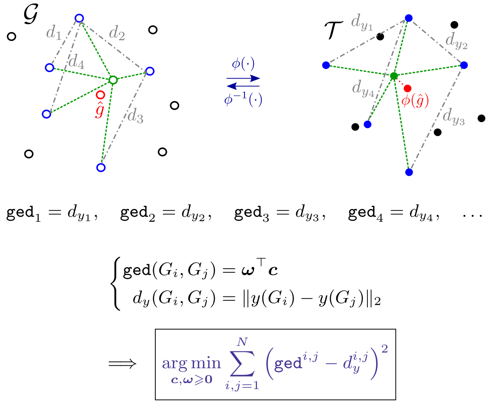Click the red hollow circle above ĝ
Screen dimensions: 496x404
(101, 94)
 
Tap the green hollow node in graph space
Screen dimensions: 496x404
(113, 80)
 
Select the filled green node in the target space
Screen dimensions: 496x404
(394, 76)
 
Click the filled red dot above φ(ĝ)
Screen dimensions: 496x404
(407, 89)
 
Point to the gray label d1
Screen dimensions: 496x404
(54, 33)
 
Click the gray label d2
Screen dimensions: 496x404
(117, 33)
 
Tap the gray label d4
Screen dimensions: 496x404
(76, 61)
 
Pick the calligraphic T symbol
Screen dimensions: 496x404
(334, 31)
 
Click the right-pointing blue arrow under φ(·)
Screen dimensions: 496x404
(243, 78)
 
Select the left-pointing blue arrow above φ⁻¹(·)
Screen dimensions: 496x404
(243, 86)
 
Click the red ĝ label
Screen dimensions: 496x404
(100, 110)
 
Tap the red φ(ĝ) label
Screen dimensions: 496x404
(415, 101)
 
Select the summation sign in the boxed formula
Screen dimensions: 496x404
(242, 363)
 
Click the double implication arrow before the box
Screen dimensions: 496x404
(122, 364)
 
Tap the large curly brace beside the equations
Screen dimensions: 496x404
(116, 284)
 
